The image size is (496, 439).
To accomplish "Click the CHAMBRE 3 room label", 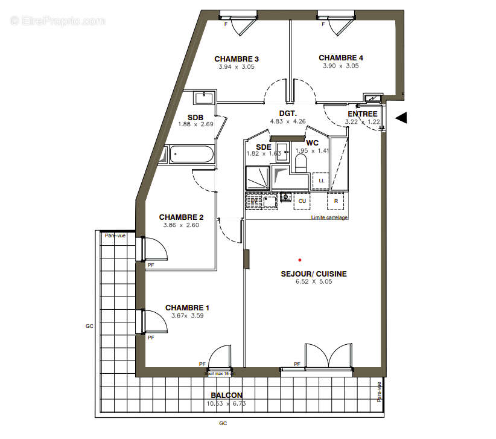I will pos(237,59).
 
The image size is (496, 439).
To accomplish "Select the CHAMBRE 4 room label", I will pos(341,58).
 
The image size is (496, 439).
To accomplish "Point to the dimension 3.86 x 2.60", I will pos(181,225).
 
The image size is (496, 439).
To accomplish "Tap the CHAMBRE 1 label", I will pos(187,307).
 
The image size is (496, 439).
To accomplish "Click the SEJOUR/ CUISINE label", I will pos(314,274).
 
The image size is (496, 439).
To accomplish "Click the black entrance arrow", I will pos(401,118).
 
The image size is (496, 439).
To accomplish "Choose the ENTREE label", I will pos(363,114).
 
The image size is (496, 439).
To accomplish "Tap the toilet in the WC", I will pos(300,162).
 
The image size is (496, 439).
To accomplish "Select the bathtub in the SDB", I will pos(191,154).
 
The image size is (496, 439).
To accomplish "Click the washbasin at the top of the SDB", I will pos(205,98).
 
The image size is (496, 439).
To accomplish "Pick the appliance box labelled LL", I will pos(321,181).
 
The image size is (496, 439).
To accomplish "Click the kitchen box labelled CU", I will pos(302,200).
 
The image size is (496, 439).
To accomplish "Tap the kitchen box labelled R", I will pos(335,200).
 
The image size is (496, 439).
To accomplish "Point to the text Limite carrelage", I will pos(329,217).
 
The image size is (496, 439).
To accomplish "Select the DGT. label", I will pos(287,114).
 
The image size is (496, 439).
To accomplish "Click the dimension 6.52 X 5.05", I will pos(314,282).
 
